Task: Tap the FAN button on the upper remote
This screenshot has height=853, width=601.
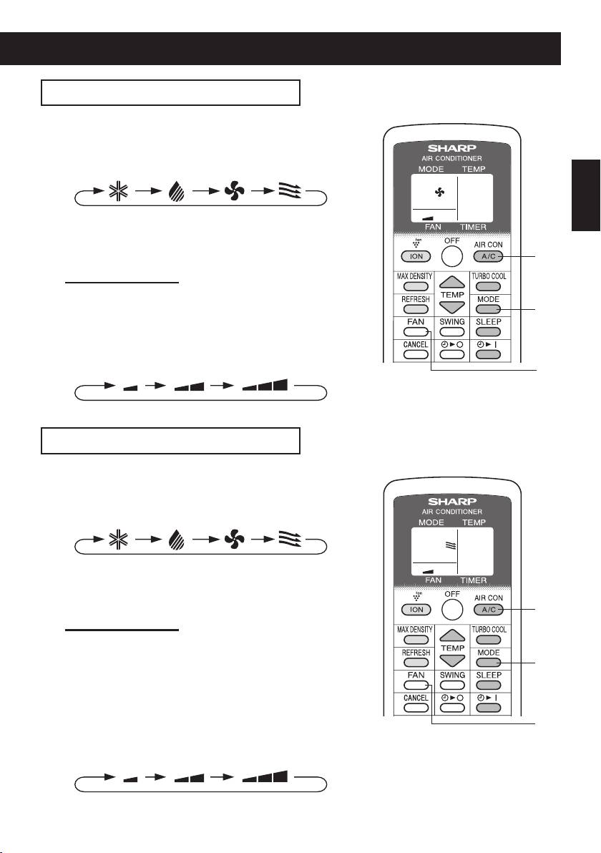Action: coord(414,332)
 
